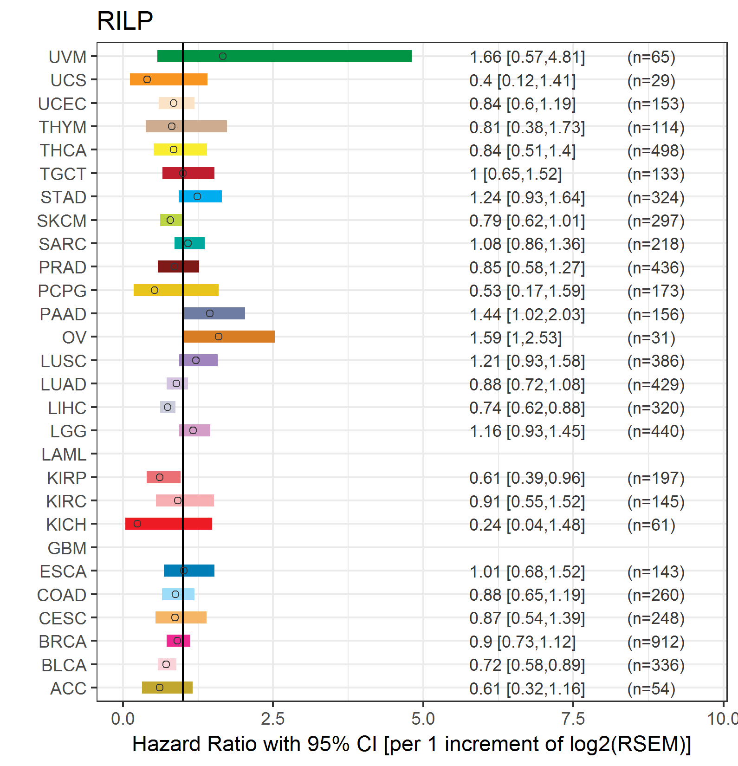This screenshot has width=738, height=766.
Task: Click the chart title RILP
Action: coord(125,21)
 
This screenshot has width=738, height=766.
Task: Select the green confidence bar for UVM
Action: coord(285,56)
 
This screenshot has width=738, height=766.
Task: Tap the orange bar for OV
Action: coord(229,337)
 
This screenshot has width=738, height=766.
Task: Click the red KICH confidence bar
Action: coord(168,524)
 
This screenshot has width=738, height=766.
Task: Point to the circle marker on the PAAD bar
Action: coord(210,313)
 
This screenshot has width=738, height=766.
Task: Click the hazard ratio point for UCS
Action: coord(147,79)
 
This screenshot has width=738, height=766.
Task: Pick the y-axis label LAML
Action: coord(64,454)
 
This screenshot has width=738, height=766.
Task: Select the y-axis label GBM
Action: coord(67,548)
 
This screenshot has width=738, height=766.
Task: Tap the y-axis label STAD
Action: coord(64,197)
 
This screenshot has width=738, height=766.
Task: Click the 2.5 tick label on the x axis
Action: coord(273,719)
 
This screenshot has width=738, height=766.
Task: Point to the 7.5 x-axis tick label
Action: coord(573,719)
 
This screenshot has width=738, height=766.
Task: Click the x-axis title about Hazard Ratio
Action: coord(412,744)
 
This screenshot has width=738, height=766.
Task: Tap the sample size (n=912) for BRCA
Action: coord(656,642)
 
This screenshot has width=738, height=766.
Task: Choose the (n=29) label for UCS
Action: coord(651,80)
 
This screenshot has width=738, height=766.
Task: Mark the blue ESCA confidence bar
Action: coord(189,571)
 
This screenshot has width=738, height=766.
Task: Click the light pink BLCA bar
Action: coord(167,664)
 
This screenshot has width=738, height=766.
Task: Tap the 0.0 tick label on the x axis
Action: coord(123,719)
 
